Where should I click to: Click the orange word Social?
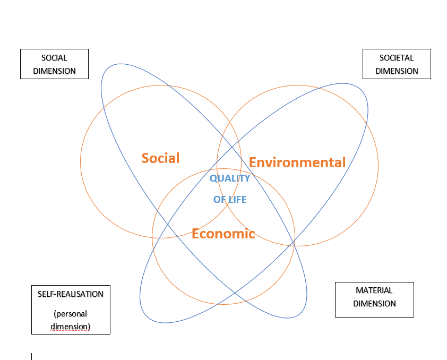[x=160, y=158]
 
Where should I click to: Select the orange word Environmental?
[x=297, y=162]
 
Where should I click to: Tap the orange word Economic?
[x=223, y=234]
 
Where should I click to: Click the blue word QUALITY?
[x=229, y=178]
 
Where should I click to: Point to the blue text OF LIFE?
[x=230, y=200]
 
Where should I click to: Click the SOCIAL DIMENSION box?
[x=54, y=64]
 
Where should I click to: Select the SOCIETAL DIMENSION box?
[x=397, y=64]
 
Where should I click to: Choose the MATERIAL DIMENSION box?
[x=374, y=299]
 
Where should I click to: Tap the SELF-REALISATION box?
[x=71, y=310]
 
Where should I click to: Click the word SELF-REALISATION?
[x=71, y=294]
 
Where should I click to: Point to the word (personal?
[x=71, y=313]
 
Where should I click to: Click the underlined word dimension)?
[x=71, y=326]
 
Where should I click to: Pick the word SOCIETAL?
[x=397, y=58]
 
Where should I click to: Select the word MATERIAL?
[x=374, y=290]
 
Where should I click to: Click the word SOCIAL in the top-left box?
[x=54, y=58]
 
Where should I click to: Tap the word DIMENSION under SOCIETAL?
[x=397, y=71]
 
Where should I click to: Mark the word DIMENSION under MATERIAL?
[x=374, y=304]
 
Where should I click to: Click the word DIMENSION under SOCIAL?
[x=54, y=71]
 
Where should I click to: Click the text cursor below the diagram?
[x=32, y=356]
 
